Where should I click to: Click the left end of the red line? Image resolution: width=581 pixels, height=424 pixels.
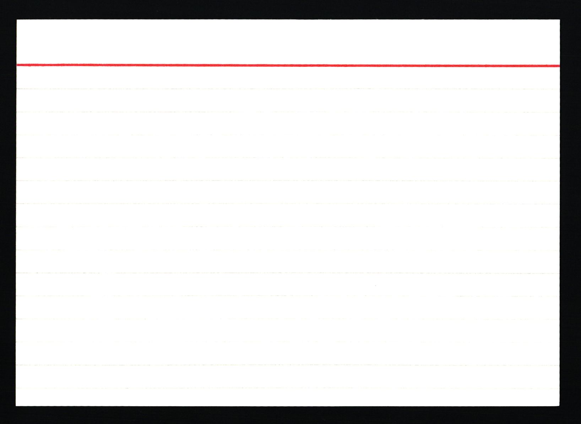click(x=17, y=65)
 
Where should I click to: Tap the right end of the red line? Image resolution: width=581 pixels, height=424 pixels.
click(x=559, y=66)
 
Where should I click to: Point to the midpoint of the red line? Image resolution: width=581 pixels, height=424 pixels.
click(x=288, y=65)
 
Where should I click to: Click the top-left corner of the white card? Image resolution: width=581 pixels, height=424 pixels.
click(x=17, y=20)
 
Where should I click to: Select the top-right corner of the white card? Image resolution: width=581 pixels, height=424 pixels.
click(x=560, y=20)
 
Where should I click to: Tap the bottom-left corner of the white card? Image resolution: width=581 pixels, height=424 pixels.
click(x=16, y=406)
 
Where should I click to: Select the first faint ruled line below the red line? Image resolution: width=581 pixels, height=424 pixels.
click(x=288, y=89)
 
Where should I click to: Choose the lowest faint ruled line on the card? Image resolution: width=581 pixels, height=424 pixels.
click(x=288, y=388)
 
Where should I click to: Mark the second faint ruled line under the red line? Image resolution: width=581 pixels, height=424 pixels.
click(x=288, y=112)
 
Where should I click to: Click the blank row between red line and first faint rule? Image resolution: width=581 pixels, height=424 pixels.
click(x=288, y=77)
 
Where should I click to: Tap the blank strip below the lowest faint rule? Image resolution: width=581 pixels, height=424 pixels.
click(x=288, y=397)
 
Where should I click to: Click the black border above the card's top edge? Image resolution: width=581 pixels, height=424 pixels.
click(x=288, y=10)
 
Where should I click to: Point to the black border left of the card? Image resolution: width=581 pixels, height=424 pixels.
click(x=8, y=213)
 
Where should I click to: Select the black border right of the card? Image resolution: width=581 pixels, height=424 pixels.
click(x=570, y=213)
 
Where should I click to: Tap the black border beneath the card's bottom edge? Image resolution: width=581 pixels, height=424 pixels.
click(x=288, y=415)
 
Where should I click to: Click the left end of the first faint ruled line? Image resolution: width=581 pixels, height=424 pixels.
click(x=18, y=89)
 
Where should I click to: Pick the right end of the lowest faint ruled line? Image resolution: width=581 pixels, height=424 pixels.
click(x=558, y=388)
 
